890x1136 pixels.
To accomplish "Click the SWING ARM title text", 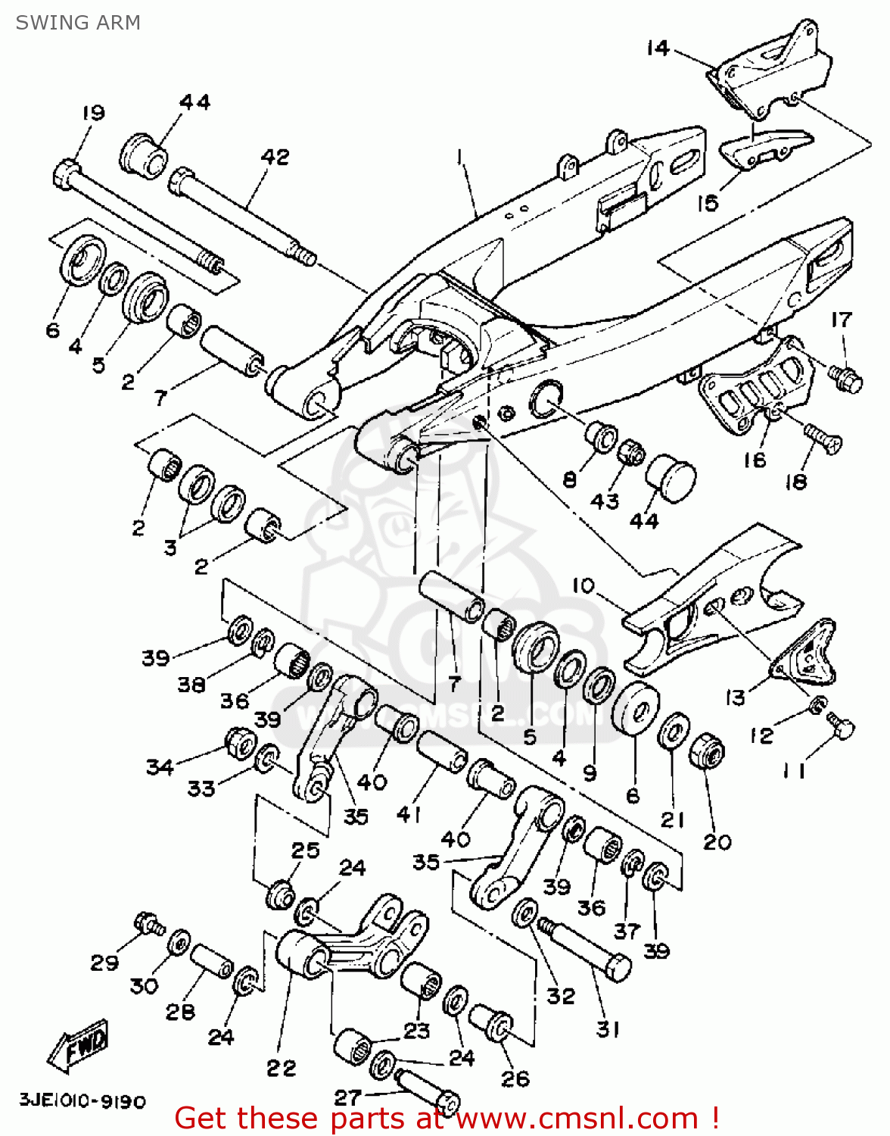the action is click(x=78, y=23).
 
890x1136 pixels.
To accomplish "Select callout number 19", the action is click(x=94, y=113).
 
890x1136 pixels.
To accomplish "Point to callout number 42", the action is click(x=275, y=157).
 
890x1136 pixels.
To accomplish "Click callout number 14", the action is click(x=658, y=48).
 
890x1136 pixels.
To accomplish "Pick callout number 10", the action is click(x=583, y=585).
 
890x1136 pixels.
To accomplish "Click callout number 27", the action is click(x=348, y=1097).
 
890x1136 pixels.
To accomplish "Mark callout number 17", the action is click(x=842, y=320).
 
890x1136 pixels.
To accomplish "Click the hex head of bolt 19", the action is click(x=67, y=175).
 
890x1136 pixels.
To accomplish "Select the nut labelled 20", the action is click(x=708, y=752).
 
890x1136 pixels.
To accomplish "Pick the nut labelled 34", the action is click(x=240, y=744).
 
